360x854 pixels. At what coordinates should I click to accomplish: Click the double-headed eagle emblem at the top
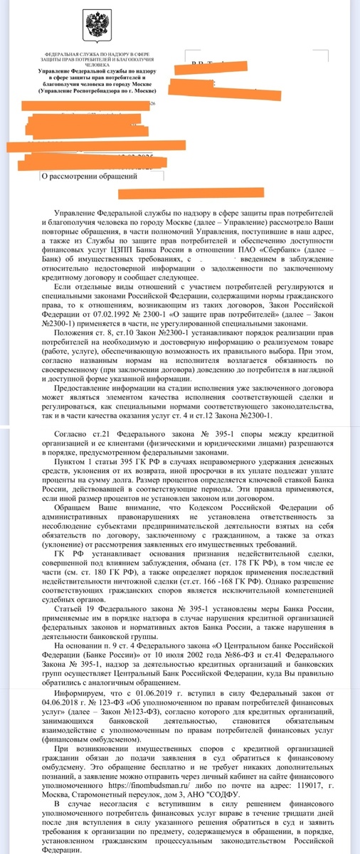93,27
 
